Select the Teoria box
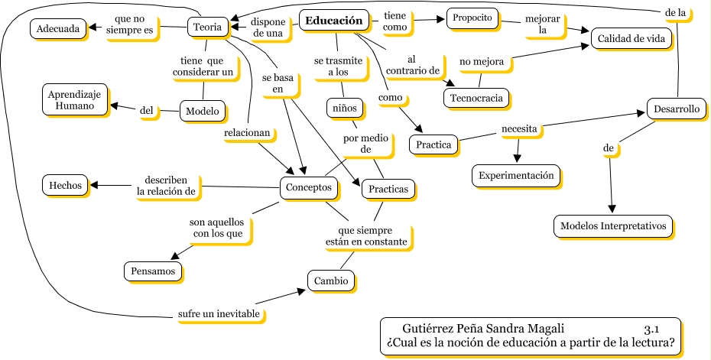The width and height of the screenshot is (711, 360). (x=208, y=28)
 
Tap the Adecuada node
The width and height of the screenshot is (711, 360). (x=56, y=29)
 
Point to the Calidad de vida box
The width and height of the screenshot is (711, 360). (x=630, y=37)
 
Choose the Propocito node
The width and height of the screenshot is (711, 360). (x=471, y=18)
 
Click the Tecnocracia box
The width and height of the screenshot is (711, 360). (x=476, y=99)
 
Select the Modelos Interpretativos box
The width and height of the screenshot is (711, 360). (x=613, y=226)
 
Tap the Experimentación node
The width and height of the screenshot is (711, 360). (x=515, y=176)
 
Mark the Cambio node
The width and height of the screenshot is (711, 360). (x=332, y=281)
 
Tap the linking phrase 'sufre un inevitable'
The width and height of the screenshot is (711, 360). (x=218, y=314)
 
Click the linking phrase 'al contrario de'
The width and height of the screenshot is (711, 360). (x=412, y=66)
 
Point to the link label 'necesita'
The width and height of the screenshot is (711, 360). (x=518, y=128)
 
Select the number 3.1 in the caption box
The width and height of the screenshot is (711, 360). (x=651, y=329)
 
